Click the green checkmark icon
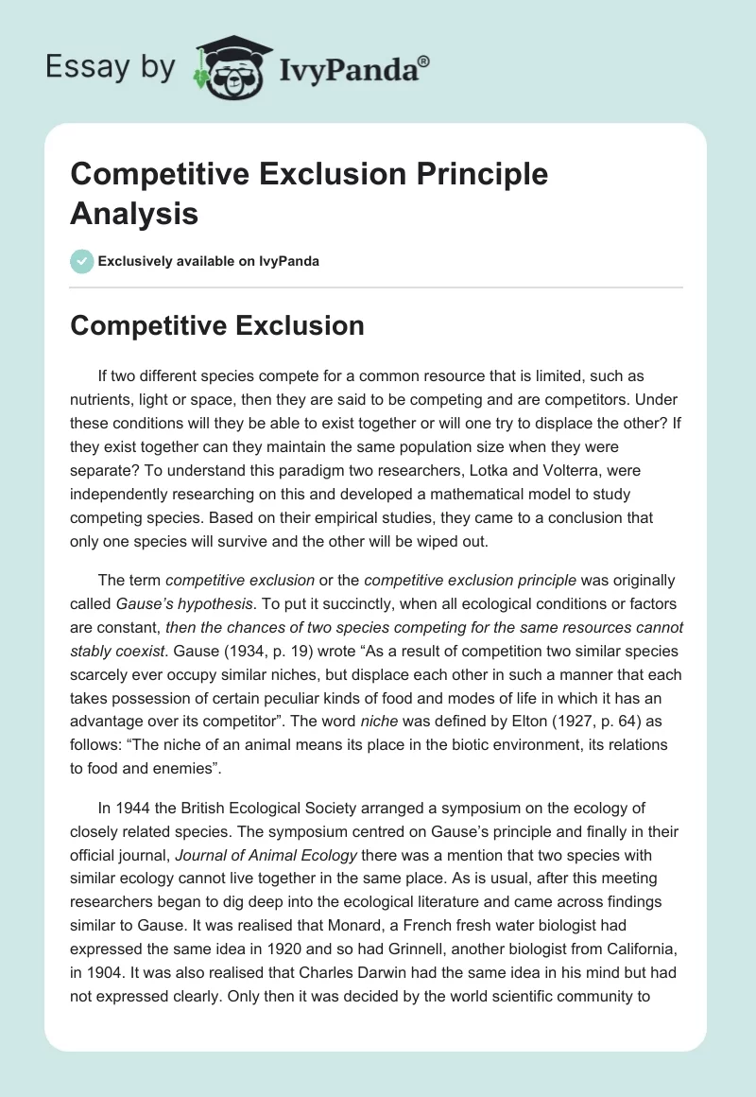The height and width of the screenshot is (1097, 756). tap(82, 261)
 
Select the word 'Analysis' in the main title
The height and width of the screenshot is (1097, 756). tap(134, 213)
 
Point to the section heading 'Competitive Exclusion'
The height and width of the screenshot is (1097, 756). tap(217, 325)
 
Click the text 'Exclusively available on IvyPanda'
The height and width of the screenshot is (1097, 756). tap(209, 261)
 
